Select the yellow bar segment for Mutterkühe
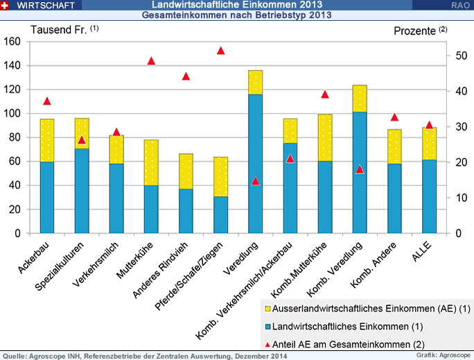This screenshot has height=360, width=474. coord(151,162)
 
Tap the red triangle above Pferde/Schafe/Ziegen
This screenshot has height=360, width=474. coord(220,51)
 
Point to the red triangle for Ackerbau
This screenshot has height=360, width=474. coord(47,101)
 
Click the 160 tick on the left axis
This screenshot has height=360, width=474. coord(12,42)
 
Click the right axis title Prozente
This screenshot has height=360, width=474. coord(416,30)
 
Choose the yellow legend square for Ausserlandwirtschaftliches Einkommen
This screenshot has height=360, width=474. coord(267,308)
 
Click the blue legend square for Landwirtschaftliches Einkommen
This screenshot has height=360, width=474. coord(267,325)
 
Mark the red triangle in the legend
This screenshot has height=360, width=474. coord(267,343)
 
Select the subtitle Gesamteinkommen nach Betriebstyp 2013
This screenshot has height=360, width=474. coord(237,15)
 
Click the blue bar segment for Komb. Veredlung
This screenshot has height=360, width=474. coord(360,172)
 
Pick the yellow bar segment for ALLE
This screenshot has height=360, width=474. coord(429,144)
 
